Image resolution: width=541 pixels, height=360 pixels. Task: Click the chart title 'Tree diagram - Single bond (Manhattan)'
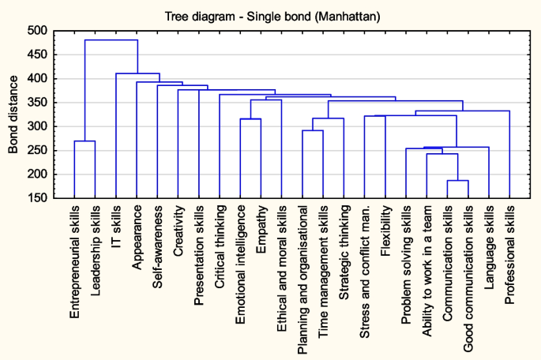(270, 16)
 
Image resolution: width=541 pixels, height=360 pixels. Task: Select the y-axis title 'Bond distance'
(14, 114)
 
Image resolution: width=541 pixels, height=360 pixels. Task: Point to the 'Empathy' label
(261, 230)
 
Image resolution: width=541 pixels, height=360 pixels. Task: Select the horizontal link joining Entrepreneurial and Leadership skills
(85, 141)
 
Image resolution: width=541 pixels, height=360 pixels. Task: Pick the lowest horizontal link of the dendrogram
(458, 181)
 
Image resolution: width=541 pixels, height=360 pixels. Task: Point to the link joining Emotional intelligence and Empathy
(250, 119)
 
